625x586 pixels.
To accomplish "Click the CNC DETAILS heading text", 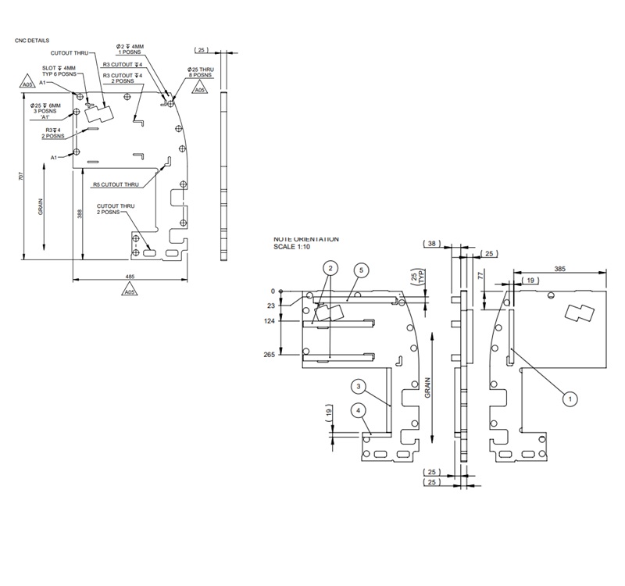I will pos(32,39).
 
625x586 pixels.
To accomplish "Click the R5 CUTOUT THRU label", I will pos(116,184).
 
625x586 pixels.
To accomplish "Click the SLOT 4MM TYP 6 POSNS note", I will pos(59,72).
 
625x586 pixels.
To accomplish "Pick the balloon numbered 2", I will pos(330,268).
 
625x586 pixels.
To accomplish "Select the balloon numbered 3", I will pos(358,387).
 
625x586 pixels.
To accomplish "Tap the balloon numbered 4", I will pos(358,410).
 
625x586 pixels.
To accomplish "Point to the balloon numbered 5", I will pos(360,270).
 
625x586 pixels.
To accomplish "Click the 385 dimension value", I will pos(560,267).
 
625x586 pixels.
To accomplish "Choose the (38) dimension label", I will pos(431,244).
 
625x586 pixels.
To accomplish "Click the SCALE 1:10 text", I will pos(293,246).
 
